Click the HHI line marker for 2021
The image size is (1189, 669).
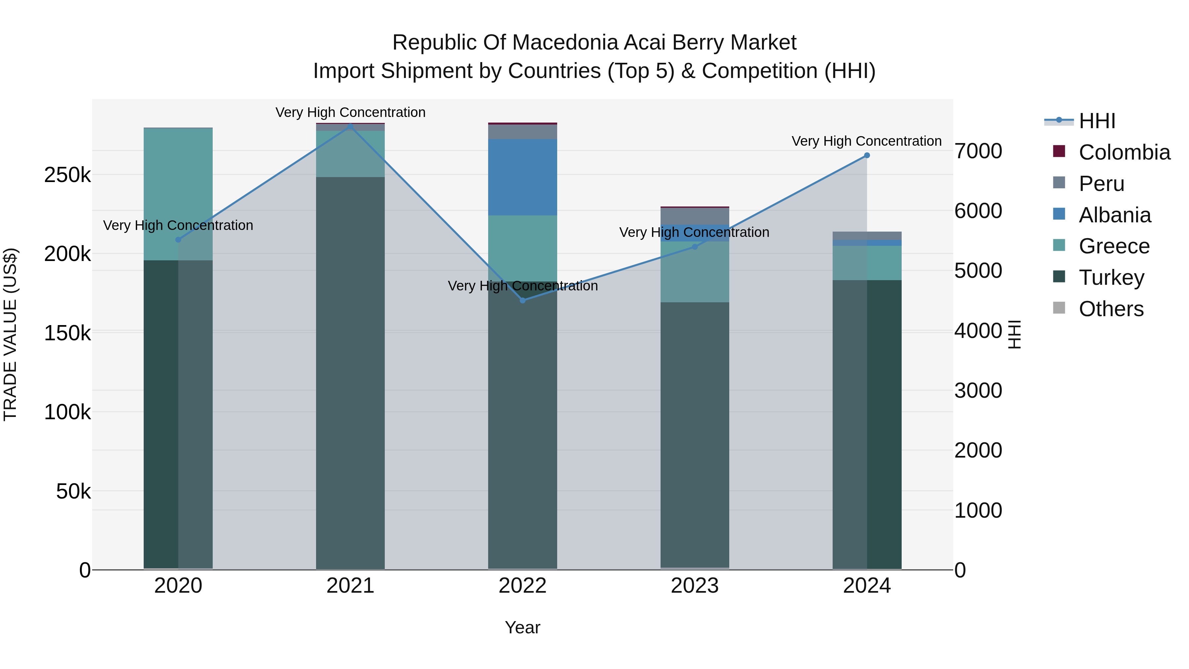point(350,125)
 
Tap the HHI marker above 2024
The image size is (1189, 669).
point(867,156)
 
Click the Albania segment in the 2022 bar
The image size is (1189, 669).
point(522,177)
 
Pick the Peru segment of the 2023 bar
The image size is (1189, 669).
point(695,216)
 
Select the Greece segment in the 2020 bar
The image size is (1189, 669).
point(178,194)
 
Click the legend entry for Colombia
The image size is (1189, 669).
point(1124,152)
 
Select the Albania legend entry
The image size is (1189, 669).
point(1115,215)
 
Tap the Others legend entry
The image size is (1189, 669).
point(1111,309)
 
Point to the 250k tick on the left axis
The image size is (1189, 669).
point(67,175)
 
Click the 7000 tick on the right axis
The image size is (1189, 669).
point(978,151)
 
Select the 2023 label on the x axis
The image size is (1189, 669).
point(695,586)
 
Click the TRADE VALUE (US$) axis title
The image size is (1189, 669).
point(10,334)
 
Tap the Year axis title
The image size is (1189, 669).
point(522,627)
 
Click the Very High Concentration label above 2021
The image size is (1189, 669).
point(350,112)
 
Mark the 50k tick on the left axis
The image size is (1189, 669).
point(73,491)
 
